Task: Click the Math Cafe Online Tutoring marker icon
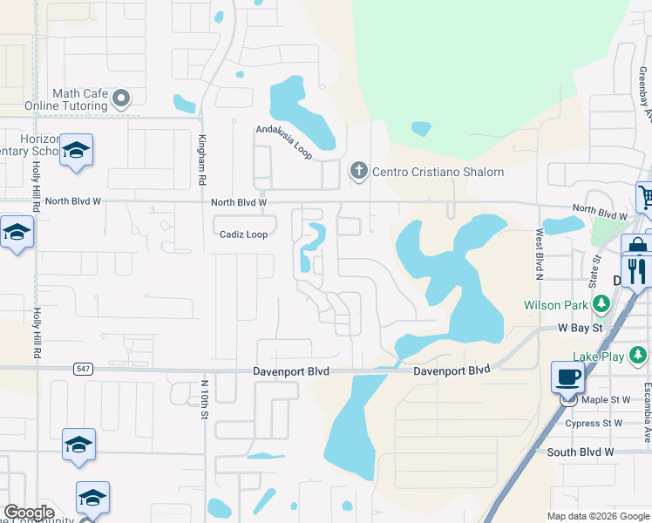click(121, 97)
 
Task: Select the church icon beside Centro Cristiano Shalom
click(358, 171)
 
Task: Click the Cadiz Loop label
click(243, 234)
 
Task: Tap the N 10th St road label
click(206, 397)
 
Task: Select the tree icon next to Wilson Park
click(601, 304)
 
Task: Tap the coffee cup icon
click(568, 377)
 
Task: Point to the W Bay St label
click(581, 329)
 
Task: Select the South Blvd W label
click(581, 452)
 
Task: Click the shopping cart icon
click(646, 197)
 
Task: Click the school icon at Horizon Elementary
click(76, 151)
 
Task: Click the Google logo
click(29, 513)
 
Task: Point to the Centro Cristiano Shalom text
click(438, 172)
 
